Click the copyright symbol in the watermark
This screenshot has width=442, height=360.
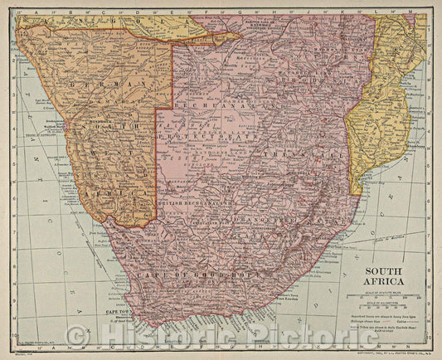pyautogui.click(x=77, y=336)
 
